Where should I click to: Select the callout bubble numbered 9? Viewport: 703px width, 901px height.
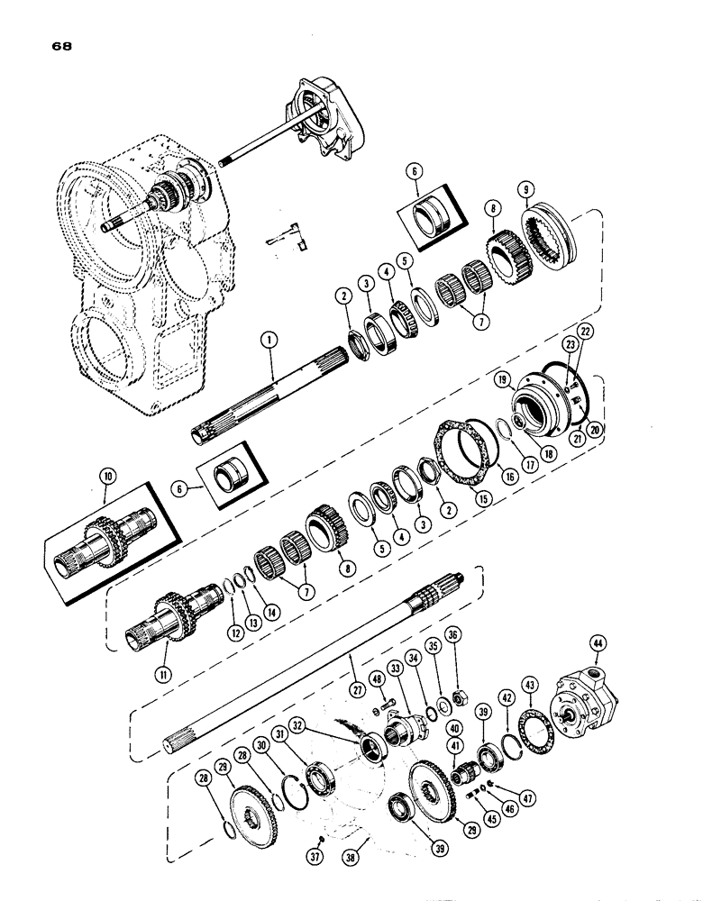[x=525, y=192]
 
